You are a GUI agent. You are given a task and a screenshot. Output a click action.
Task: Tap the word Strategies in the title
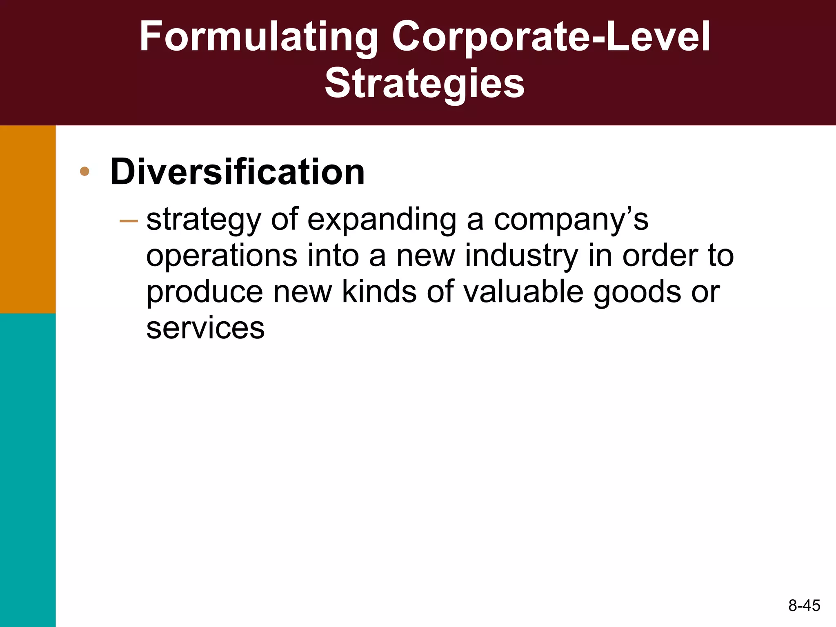(425, 84)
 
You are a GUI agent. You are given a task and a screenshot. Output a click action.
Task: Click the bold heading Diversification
(237, 172)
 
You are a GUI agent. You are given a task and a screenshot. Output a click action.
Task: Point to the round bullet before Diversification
(84, 171)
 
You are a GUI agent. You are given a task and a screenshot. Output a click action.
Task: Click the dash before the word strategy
(129, 221)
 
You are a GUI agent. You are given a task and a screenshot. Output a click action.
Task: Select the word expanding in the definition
(382, 220)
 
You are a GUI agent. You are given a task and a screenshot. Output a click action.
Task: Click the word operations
(222, 256)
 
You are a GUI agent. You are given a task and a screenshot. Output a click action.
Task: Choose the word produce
(205, 293)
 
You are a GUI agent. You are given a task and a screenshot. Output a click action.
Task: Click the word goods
(637, 293)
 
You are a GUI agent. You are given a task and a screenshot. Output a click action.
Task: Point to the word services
(205, 328)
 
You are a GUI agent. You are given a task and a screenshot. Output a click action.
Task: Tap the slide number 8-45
(804, 605)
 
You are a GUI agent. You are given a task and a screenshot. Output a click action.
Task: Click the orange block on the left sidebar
(28, 219)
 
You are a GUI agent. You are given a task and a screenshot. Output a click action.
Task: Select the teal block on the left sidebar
(28, 469)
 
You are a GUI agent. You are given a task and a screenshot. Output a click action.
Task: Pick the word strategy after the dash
(203, 221)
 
